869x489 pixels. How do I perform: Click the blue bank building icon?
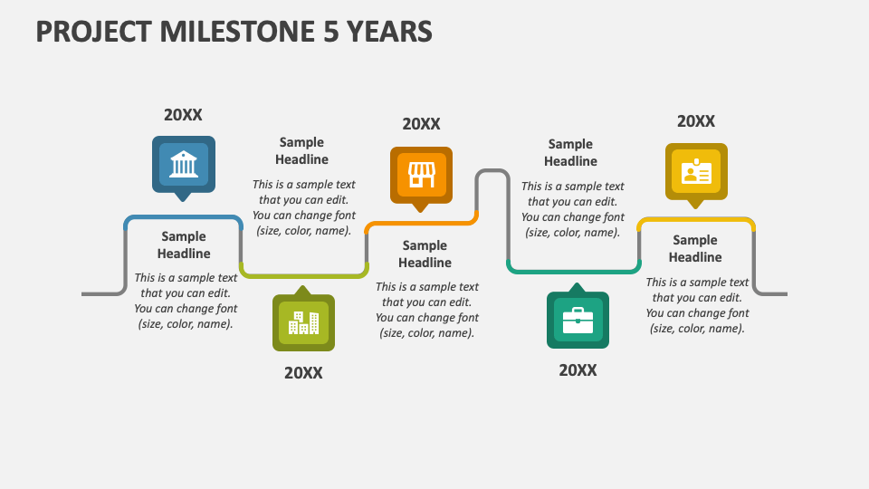click(x=184, y=164)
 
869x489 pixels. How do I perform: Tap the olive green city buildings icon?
click(x=303, y=322)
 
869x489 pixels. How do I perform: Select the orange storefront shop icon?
click(x=421, y=175)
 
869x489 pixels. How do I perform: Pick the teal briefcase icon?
click(x=578, y=320)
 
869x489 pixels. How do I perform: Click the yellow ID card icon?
click(x=696, y=172)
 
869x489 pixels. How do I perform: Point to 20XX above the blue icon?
click(x=183, y=115)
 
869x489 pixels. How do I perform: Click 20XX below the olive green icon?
click(x=303, y=373)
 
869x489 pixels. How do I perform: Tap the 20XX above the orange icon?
click(x=421, y=124)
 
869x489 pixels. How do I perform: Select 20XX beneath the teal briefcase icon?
click(x=578, y=370)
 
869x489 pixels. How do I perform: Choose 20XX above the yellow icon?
click(x=696, y=121)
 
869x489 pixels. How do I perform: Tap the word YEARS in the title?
click(x=391, y=33)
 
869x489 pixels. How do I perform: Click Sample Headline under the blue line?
click(x=184, y=245)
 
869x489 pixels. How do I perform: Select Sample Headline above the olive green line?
click(x=301, y=150)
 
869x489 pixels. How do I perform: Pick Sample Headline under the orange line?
click(x=425, y=254)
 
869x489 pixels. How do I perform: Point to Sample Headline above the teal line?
click(x=570, y=152)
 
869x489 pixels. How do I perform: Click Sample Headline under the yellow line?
click(x=695, y=248)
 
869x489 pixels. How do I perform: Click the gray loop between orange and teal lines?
click(x=492, y=172)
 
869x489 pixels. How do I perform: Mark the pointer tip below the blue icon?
click(x=184, y=198)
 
